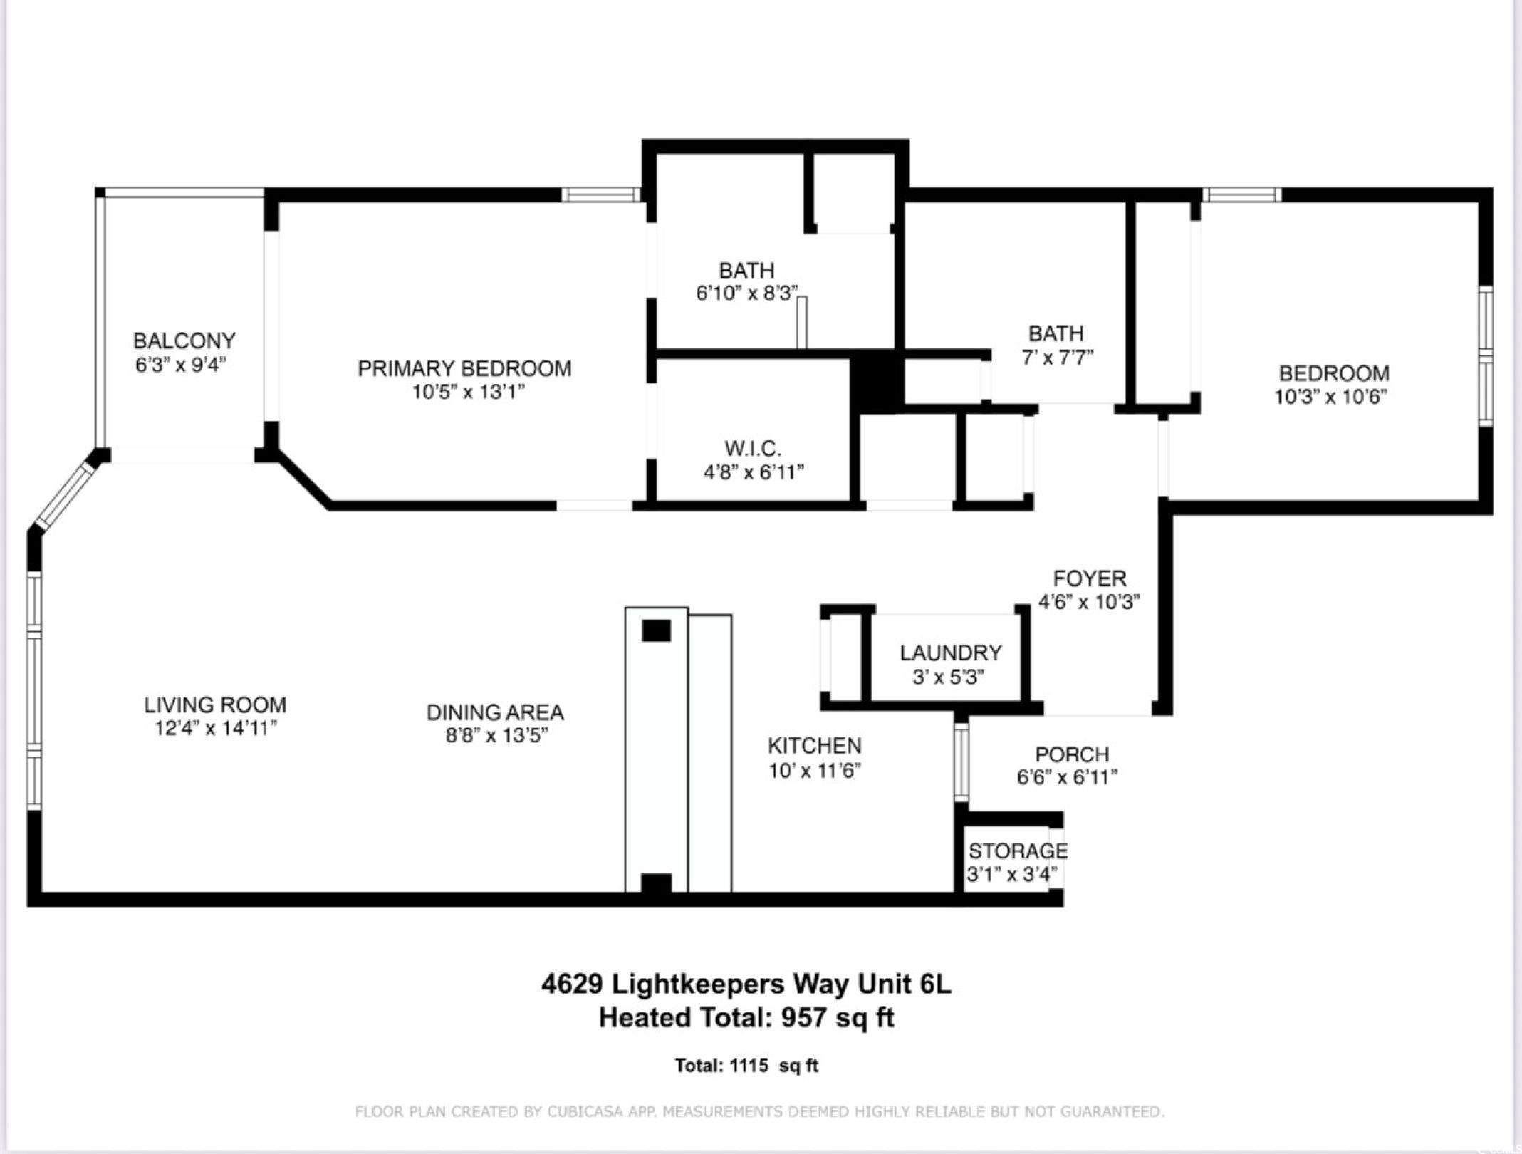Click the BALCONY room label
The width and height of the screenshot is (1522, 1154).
[x=184, y=341]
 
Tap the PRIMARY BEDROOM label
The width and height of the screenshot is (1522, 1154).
[x=464, y=368]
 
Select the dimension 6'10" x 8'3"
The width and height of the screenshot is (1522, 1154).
[x=746, y=293]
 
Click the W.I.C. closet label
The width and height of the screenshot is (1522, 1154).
[x=753, y=449]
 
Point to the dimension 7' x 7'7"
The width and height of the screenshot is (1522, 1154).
[x=1057, y=357]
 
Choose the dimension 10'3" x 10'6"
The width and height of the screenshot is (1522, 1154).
[x=1331, y=397]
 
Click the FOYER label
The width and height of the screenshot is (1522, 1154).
[x=1090, y=578]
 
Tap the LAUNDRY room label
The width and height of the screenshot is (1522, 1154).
[x=950, y=653]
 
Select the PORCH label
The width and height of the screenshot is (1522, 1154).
[x=1072, y=754]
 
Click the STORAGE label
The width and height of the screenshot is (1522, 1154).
[x=1018, y=851]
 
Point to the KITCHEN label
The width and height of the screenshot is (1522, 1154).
[x=814, y=746]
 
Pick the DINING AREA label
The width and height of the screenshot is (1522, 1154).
[x=495, y=712]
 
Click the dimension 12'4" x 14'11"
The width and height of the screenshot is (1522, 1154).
[x=215, y=728]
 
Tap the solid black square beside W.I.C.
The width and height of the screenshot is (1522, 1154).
[x=877, y=384]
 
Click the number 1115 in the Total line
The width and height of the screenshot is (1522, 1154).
[x=749, y=1066]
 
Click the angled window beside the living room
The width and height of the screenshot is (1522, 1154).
[x=66, y=494]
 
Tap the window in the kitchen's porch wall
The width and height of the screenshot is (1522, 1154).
[x=961, y=762]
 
